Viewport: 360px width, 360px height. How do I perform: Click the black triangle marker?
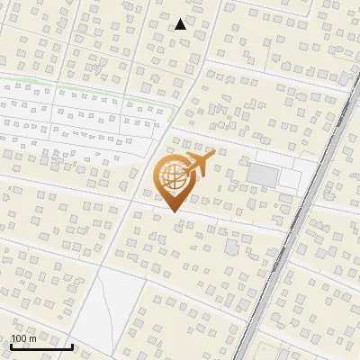(x=181, y=24)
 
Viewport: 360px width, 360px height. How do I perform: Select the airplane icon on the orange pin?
(x=198, y=164)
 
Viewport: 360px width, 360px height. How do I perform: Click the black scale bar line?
(x=41, y=346)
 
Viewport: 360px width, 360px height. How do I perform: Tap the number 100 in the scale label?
(x=19, y=338)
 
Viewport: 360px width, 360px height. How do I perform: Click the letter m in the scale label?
(x=32, y=338)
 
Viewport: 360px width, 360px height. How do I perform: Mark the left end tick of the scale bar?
(x=11, y=345)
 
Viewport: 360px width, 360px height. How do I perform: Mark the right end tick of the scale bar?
(x=72, y=345)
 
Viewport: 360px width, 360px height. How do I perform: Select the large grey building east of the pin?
(x=263, y=175)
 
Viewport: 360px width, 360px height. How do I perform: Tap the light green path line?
(x=90, y=88)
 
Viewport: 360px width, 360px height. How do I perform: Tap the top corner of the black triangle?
(x=181, y=19)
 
